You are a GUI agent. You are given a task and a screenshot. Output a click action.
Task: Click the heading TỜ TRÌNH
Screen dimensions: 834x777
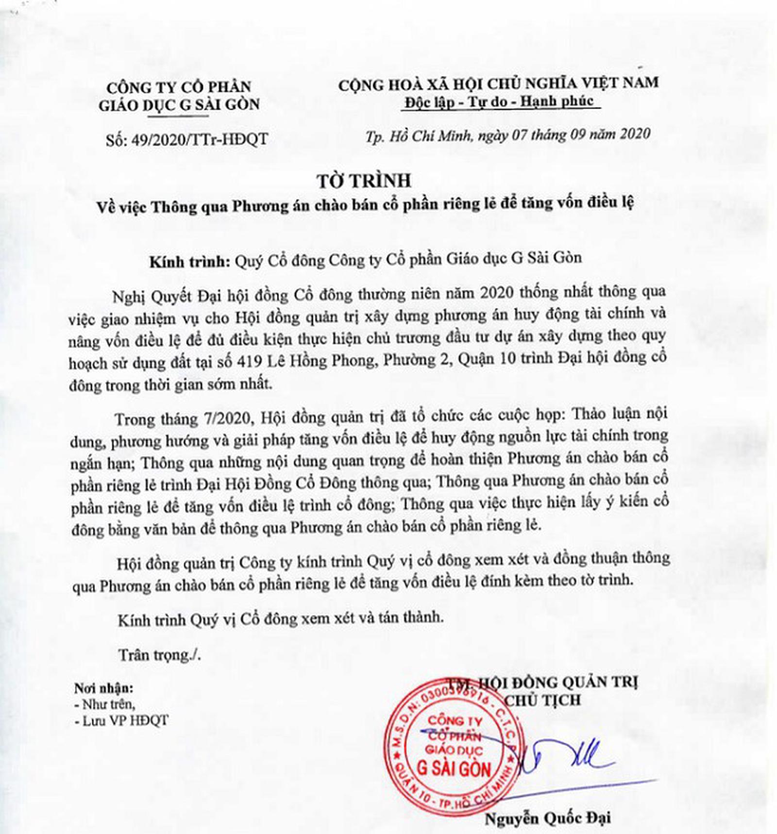click(364, 181)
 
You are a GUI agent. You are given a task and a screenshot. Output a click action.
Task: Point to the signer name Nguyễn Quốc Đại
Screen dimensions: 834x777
click(547, 818)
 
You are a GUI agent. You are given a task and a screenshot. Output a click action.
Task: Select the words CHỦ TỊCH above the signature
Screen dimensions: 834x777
click(542, 701)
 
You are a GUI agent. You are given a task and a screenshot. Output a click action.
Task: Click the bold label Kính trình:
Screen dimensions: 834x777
click(189, 261)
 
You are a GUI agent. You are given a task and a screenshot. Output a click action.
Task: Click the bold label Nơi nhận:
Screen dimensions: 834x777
click(103, 688)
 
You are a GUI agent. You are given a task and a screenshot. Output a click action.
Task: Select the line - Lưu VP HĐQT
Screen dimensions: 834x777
click(121, 720)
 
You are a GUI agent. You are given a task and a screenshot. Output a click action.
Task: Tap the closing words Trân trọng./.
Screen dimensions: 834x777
click(159, 655)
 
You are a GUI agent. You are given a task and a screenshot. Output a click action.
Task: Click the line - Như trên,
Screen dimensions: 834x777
click(105, 704)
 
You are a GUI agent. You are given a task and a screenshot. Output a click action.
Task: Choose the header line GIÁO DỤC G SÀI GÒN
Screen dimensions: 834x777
click(179, 104)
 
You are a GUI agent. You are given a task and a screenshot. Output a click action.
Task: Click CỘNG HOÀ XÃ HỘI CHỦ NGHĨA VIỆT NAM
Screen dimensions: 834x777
click(498, 83)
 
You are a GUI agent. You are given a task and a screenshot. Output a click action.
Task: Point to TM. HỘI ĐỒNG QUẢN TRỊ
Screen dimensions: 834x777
click(542, 683)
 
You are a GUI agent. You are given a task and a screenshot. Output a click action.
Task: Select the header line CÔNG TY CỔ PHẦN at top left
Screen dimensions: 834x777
click(179, 87)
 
